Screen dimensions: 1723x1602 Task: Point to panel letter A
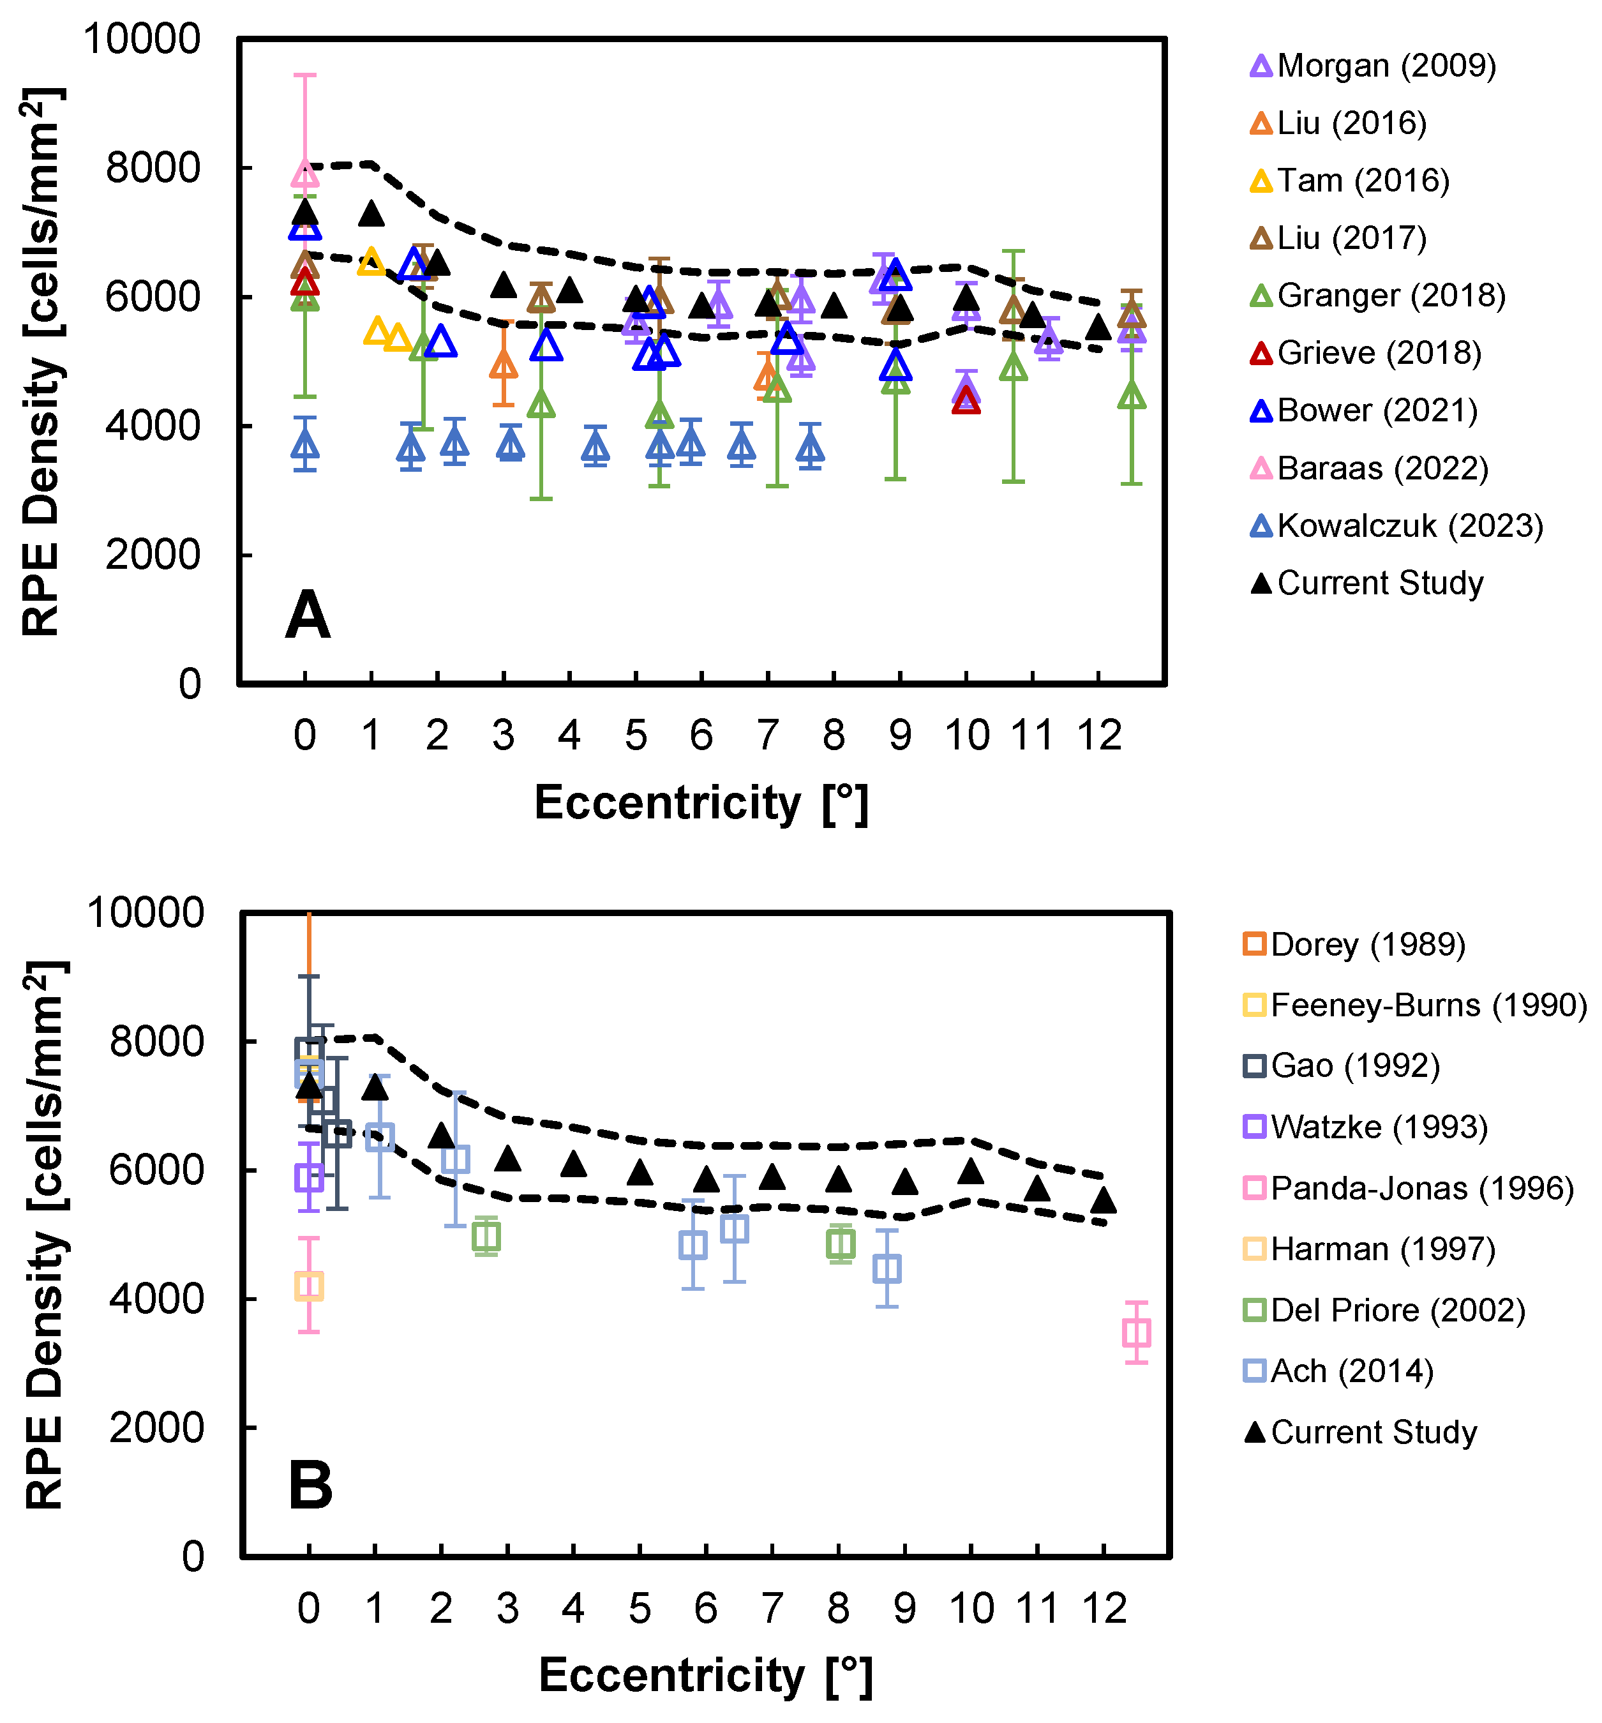point(308,616)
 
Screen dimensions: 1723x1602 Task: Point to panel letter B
point(310,1485)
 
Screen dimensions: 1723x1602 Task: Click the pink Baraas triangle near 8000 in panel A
point(304,174)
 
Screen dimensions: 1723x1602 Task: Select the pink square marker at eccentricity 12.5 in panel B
point(1136,1333)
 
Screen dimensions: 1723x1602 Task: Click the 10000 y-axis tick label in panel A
point(141,40)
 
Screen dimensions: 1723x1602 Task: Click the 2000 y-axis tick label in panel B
point(156,1427)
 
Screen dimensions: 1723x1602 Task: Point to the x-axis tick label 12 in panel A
point(1098,736)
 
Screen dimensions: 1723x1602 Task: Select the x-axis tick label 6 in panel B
point(705,1609)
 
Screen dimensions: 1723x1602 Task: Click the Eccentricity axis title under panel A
point(700,802)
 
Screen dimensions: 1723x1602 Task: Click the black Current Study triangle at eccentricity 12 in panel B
point(1103,1200)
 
